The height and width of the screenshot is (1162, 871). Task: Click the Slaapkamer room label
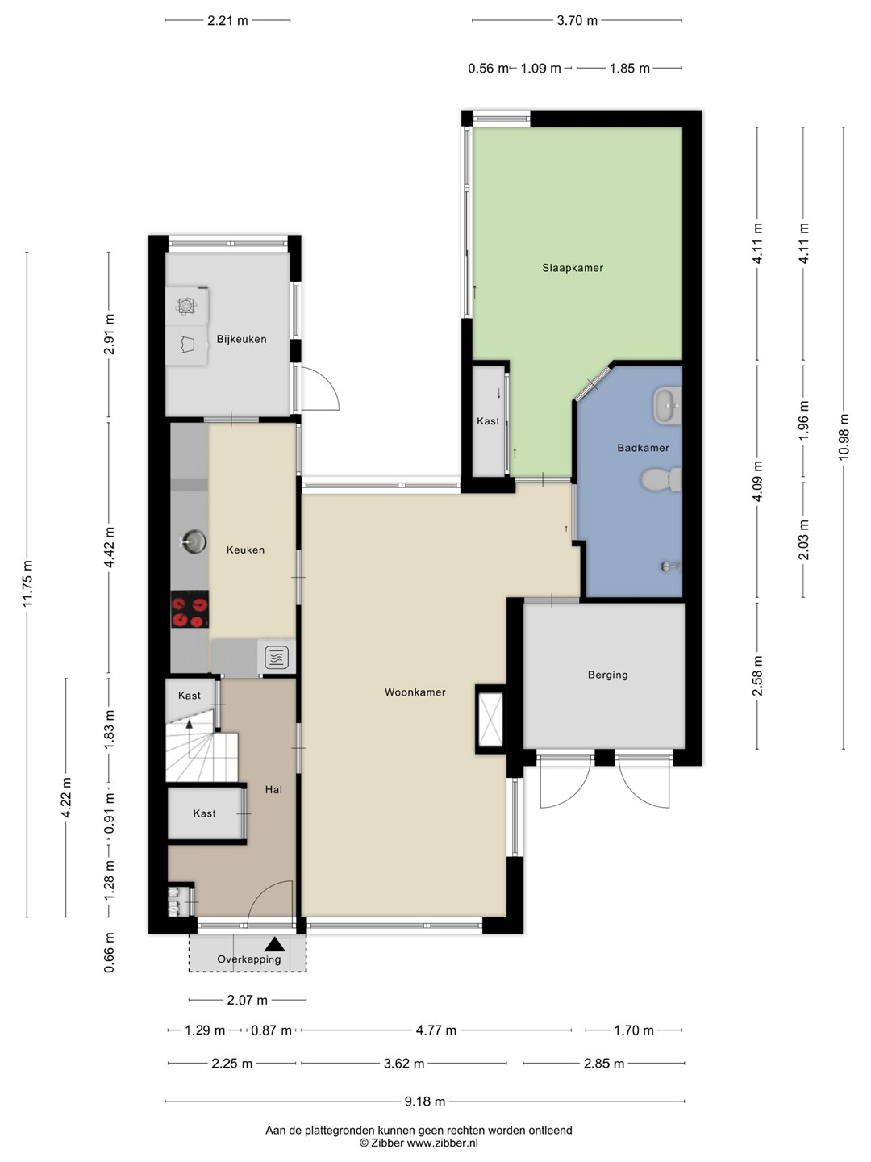click(573, 268)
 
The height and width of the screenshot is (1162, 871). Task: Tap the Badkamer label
click(643, 448)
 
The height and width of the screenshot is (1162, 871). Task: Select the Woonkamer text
click(415, 692)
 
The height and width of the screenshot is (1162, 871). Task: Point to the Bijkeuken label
click(241, 339)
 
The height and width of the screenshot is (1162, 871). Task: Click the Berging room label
click(607, 675)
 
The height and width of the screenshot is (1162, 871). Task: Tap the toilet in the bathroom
click(661, 479)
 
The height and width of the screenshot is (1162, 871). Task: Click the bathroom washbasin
click(668, 406)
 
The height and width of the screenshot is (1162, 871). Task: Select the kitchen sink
click(193, 541)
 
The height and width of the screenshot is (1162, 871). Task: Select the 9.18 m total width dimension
click(425, 1101)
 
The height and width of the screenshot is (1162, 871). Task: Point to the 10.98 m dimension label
click(844, 437)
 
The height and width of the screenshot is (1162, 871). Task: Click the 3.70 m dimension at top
click(577, 21)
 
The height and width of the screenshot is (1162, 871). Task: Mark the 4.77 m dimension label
click(435, 1030)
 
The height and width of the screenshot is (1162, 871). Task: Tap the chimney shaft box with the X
click(490, 720)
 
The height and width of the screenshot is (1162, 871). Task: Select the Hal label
click(273, 790)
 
